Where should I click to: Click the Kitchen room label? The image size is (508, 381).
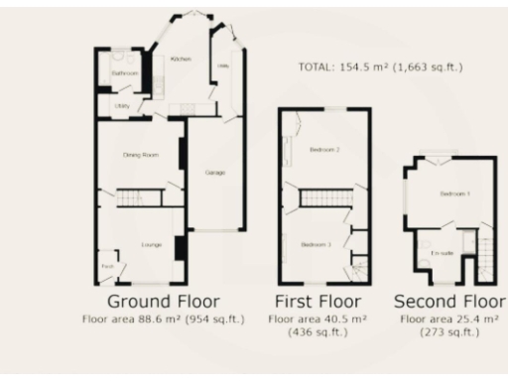[x=181, y=61]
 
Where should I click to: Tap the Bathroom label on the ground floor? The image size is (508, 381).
[x=124, y=73]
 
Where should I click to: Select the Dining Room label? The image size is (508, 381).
[x=140, y=155]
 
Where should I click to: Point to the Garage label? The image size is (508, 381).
[x=214, y=173]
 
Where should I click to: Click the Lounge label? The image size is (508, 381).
[x=152, y=244]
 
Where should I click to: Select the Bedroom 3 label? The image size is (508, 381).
[x=317, y=244]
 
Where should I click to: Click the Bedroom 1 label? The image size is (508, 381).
[x=454, y=192]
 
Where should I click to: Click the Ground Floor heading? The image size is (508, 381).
[x=163, y=301]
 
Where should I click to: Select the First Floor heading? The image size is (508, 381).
[x=317, y=301]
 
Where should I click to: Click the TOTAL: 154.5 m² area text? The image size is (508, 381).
[x=380, y=67]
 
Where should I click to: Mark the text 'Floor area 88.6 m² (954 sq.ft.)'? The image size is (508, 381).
[x=163, y=318]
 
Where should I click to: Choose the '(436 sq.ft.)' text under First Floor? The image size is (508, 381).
[x=317, y=332]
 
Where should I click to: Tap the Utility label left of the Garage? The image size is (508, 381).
[x=123, y=104]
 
